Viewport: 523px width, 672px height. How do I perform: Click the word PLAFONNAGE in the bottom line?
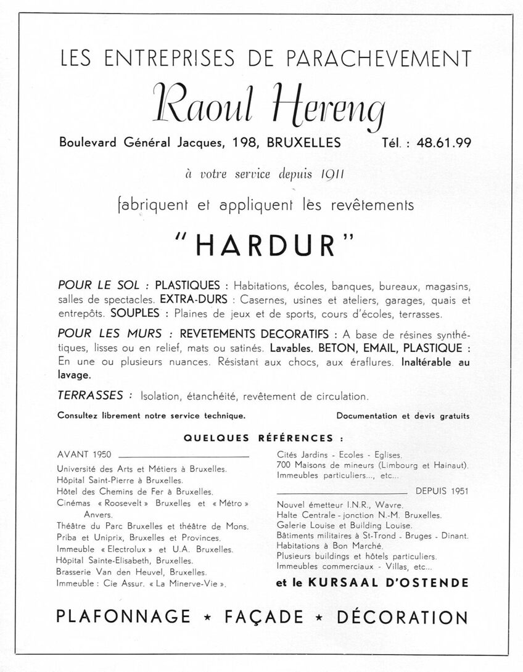[123, 617]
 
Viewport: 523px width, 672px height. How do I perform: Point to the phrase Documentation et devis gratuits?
[403, 416]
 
